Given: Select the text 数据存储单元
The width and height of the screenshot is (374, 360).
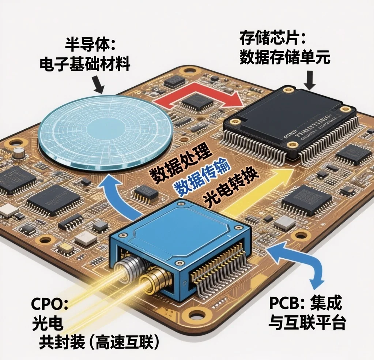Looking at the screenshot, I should [285, 57].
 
